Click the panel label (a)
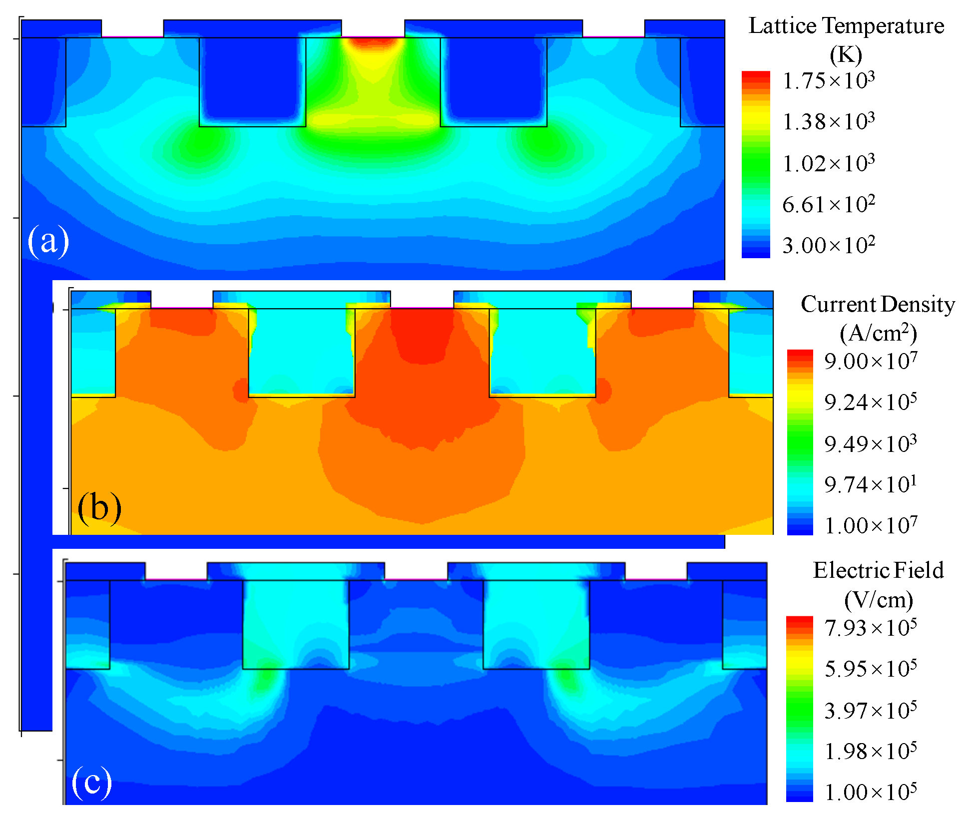click(48, 241)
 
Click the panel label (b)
click(99, 508)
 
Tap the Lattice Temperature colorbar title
click(846, 26)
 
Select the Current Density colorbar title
click(878, 305)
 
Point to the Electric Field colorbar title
click(878, 570)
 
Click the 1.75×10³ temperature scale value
click(829, 81)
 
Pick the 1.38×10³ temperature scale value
click(829, 122)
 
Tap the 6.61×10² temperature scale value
click(829, 205)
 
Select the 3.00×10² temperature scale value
click(829, 246)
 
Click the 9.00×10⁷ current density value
click(871, 361)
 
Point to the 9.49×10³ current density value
click(871, 444)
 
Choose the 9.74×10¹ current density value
click(871, 485)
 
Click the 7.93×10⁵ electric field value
click(871, 628)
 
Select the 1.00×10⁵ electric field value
click(871, 793)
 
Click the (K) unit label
click(846, 55)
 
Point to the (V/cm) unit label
click(879, 600)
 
